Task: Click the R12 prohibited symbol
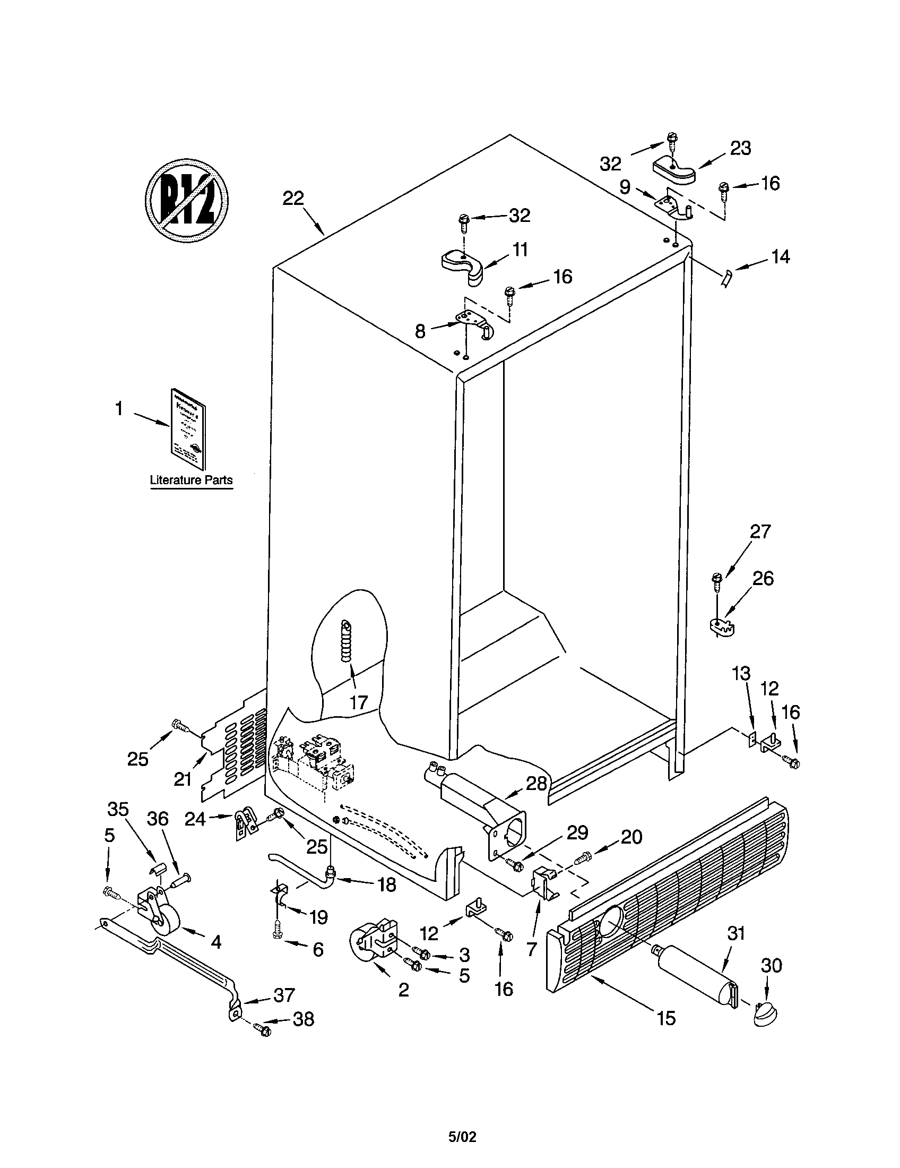pos(187,200)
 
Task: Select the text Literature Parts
pos(192,480)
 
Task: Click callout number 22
pos(293,199)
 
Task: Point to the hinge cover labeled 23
pos(674,172)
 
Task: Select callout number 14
pos(780,257)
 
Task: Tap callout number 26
pos(763,578)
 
